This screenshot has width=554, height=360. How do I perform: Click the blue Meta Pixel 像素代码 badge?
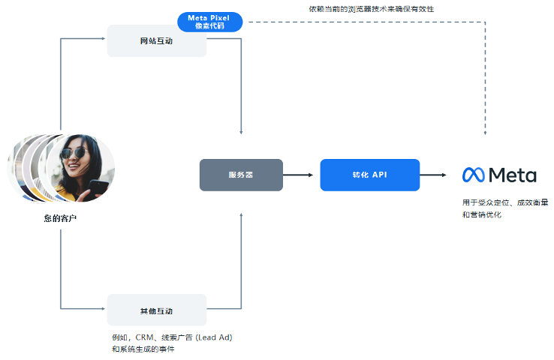tap(209, 22)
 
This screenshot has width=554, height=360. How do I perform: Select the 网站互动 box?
tap(156, 41)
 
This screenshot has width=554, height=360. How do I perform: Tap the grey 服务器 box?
tap(241, 175)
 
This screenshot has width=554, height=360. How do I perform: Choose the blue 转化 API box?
tap(369, 175)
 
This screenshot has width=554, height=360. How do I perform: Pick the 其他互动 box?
tap(156, 310)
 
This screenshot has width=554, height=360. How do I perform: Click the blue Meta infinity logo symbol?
tap(473, 175)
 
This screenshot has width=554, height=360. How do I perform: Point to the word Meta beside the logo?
tap(513, 175)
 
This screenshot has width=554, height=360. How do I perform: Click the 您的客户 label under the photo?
tap(60, 218)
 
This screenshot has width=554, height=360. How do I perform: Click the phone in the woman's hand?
tap(98, 186)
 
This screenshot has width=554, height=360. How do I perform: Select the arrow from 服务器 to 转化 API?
tap(301, 175)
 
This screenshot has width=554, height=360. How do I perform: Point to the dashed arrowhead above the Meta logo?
tap(485, 132)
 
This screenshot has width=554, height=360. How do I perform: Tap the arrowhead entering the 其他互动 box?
tap(104, 308)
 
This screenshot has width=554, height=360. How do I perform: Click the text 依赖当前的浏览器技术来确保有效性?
tap(371, 9)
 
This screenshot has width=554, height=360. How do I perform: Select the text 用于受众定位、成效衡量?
tap(504, 202)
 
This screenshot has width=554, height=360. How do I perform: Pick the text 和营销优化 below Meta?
tap(481, 215)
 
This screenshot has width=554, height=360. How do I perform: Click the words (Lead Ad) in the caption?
tap(213, 337)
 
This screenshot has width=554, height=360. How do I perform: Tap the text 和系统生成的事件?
tap(143, 349)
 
